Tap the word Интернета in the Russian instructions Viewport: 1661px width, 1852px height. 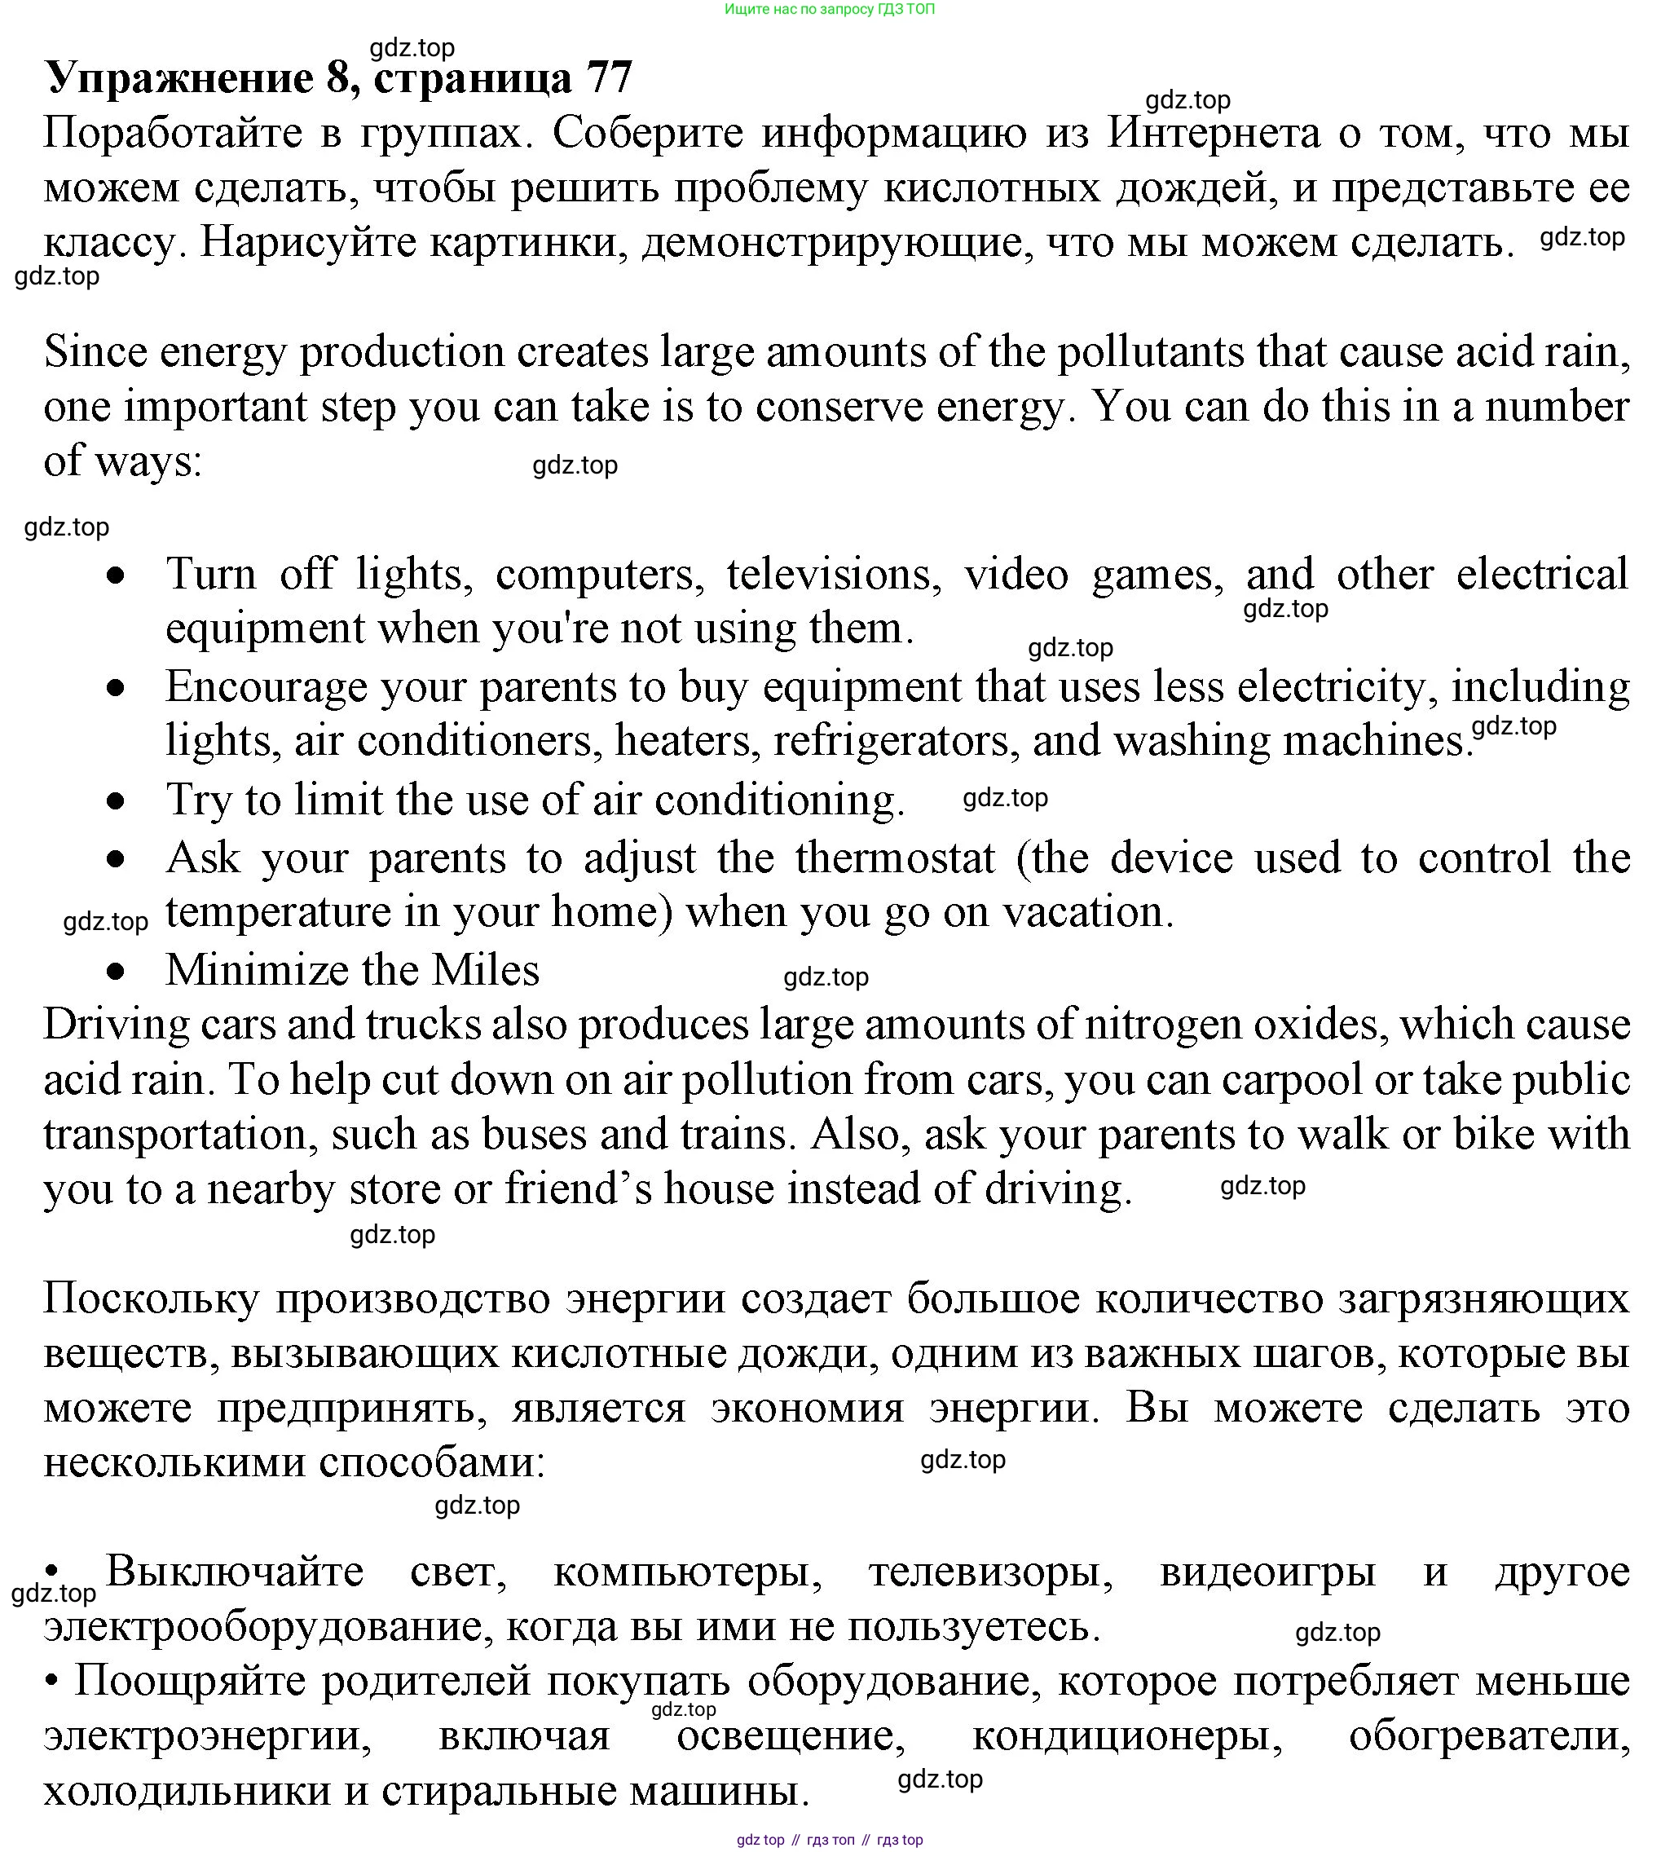(1214, 133)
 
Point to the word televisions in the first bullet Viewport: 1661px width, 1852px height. (833, 574)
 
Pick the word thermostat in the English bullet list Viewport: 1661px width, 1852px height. (894, 858)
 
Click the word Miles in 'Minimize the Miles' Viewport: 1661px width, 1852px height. (486, 969)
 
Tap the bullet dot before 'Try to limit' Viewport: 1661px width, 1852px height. (116, 802)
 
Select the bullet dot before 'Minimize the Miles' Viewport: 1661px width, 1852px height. (116, 973)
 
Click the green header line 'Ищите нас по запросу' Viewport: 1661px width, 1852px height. (830, 9)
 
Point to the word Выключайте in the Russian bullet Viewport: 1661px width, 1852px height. (235, 1572)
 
